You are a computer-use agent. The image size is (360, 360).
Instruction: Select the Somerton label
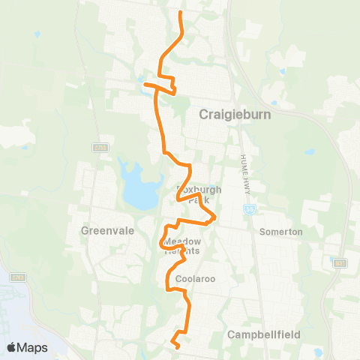click(x=280, y=232)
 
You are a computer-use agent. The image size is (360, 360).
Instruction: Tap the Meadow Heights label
click(x=183, y=246)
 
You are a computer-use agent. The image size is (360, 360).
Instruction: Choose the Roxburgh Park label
click(x=198, y=195)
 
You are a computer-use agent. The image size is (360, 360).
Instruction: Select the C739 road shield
click(x=101, y=148)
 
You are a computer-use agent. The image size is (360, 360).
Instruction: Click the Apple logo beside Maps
click(x=12, y=347)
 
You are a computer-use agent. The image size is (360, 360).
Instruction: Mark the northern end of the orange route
click(x=181, y=13)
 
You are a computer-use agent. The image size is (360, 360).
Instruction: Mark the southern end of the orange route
click(x=177, y=347)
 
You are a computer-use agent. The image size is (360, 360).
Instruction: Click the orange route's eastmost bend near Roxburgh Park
click(x=216, y=217)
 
